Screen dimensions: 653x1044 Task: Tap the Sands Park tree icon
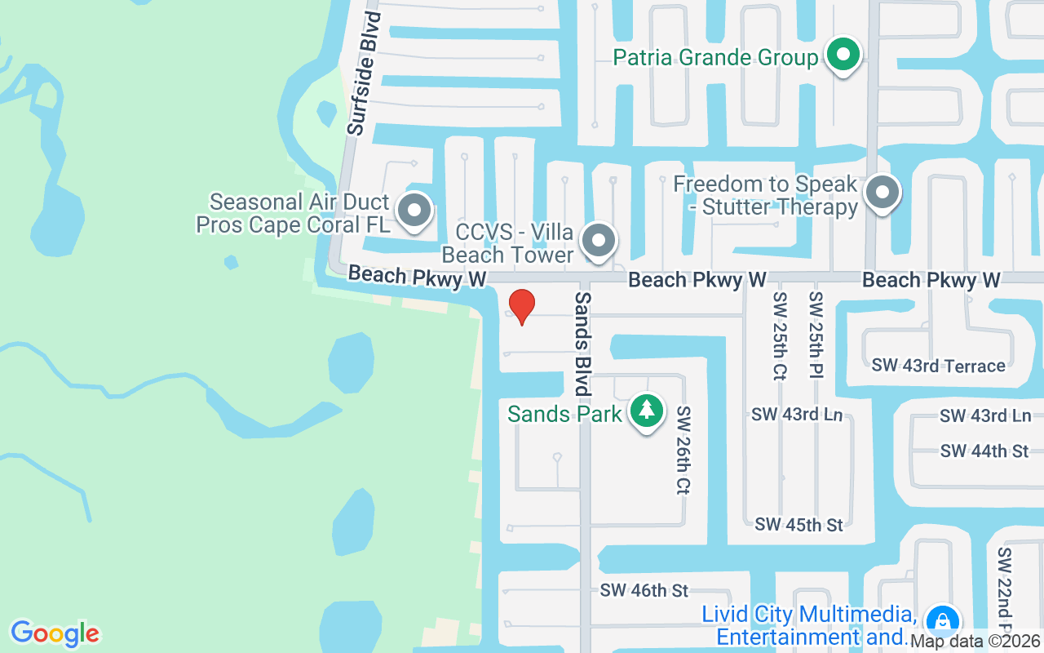click(x=647, y=411)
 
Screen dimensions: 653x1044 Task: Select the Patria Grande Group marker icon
click(x=844, y=56)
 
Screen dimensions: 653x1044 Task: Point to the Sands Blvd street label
click(x=582, y=333)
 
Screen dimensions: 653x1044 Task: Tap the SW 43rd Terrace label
click(x=938, y=366)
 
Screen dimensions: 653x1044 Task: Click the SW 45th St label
click(x=799, y=524)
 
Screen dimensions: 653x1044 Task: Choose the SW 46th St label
click(x=644, y=589)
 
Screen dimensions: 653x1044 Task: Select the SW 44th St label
click(x=984, y=451)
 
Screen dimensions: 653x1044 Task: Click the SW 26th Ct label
click(x=683, y=451)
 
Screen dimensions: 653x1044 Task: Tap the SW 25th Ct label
click(x=780, y=335)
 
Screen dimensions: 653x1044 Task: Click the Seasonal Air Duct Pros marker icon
click(x=414, y=210)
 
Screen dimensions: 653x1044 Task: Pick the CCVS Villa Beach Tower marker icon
click(x=599, y=241)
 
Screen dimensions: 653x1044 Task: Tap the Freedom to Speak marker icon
click(x=882, y=193)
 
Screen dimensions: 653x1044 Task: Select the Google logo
click(x=55, y=633)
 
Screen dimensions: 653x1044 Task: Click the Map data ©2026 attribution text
click(x=975, y=642)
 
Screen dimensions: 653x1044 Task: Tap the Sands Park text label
click(x=564, y=414)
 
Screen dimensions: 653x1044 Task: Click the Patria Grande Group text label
click(x=715, y=58)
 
